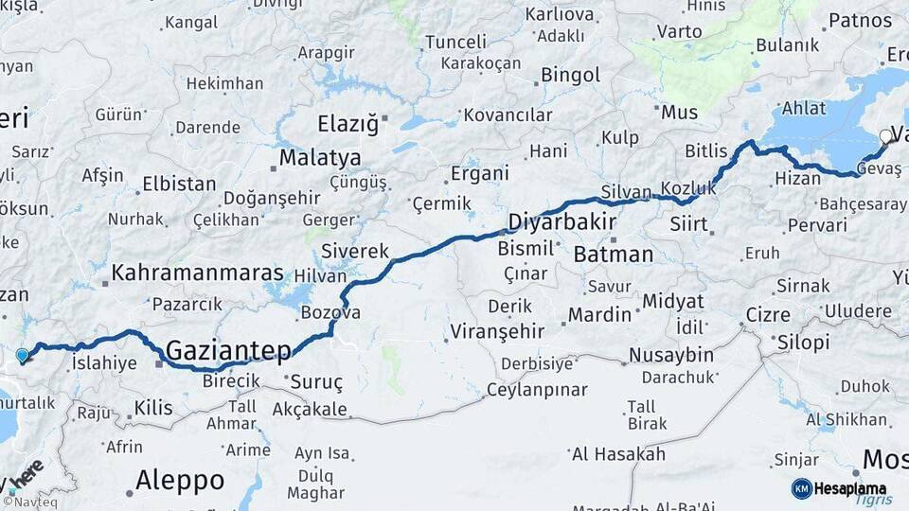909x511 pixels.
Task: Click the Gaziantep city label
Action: click(x=228, y=351)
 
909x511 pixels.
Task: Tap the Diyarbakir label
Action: click(x=562, y=222)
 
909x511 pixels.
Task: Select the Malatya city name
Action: click(x=320, y=157)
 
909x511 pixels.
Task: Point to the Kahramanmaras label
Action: click(x=197, y=273)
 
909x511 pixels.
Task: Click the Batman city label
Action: click(x=614, y=254)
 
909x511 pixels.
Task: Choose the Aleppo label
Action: click(x=180, y=480)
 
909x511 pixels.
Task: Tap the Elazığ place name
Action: click(x=348, y=124)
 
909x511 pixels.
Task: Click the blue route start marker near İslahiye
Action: click(x=23, y=356)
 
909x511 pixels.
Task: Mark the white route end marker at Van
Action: click(x=886, y=136)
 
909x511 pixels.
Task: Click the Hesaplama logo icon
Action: click(x=802, y=488)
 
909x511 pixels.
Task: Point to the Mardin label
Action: click(x=601, y=313)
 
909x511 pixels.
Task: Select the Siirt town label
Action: click(x=688, y=224)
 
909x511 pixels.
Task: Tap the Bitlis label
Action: click(x=706, y=151)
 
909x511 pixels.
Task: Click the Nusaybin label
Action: click(x=674, y=355)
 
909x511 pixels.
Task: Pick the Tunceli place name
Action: click(x=455, y=43)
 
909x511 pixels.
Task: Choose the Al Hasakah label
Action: click(x=618, y=454)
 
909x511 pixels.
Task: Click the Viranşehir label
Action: click(x=497, y=331)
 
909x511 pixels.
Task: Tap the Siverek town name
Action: click(x=355, y=252)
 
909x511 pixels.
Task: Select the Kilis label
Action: click(x=153, y=408)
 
